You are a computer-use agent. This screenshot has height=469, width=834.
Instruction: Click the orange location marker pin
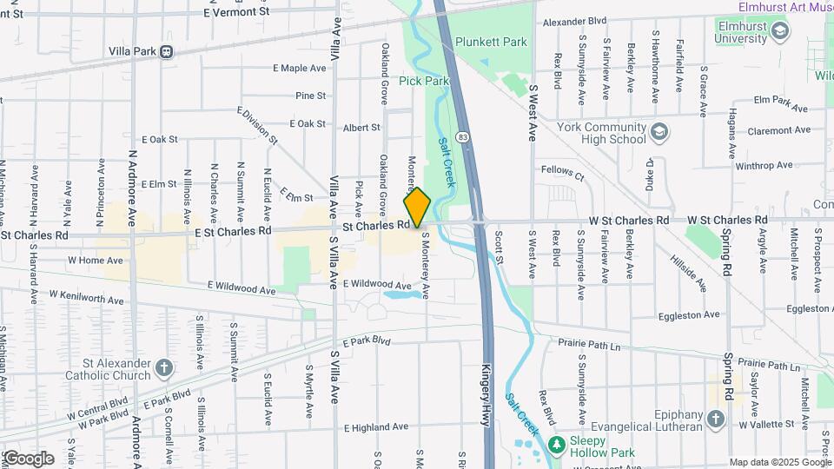pos(417,207)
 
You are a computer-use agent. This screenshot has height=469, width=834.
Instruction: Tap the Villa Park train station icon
pos(165,51)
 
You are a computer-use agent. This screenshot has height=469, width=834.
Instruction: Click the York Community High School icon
pos(660,132)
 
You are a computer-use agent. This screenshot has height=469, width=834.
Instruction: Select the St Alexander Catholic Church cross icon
pos(164,369)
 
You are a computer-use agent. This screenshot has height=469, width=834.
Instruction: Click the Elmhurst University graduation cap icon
pos(779,32)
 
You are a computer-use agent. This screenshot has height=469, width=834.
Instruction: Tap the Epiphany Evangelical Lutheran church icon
pos(715,419)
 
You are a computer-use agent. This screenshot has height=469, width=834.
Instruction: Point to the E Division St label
pos(257,126)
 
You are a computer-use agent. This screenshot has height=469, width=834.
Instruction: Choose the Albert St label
pos(361,127)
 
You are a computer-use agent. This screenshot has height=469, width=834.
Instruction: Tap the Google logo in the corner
pos(29,459)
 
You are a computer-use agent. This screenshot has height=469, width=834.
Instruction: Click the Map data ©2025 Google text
pos(780,462)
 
